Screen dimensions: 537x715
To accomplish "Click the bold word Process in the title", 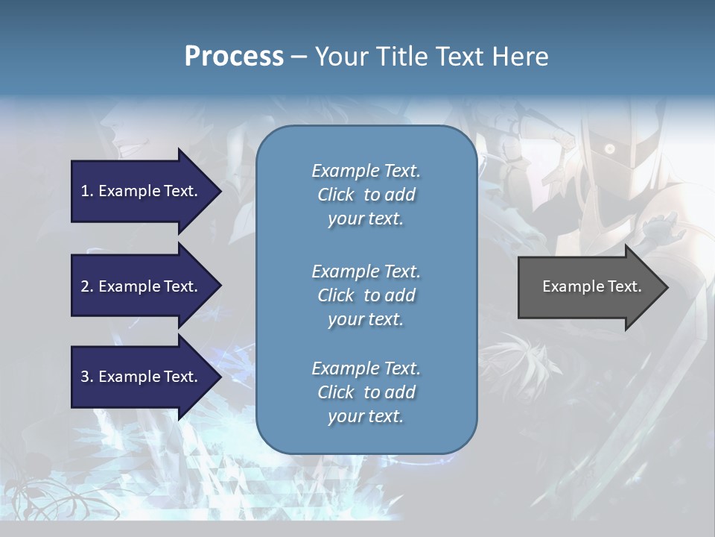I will click(234, 57).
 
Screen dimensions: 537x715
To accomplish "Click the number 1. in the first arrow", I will click(86, 191).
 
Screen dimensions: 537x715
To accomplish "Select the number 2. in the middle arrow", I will click(86, 286).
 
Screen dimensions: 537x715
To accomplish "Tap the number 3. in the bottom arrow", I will click(86, 377).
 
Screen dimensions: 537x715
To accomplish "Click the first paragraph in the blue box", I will click(366, 195).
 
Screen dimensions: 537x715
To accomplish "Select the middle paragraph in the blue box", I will click(366, 295).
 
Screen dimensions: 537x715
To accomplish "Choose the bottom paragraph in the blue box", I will click(366, 392).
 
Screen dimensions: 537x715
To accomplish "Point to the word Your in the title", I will click(343, 57).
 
